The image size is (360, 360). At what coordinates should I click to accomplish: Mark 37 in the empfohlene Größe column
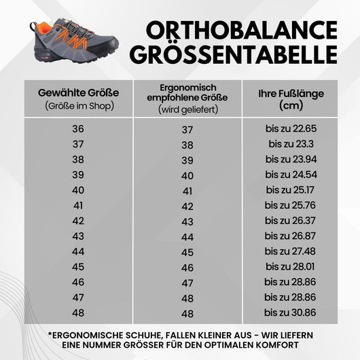click(x=187, y=129)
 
